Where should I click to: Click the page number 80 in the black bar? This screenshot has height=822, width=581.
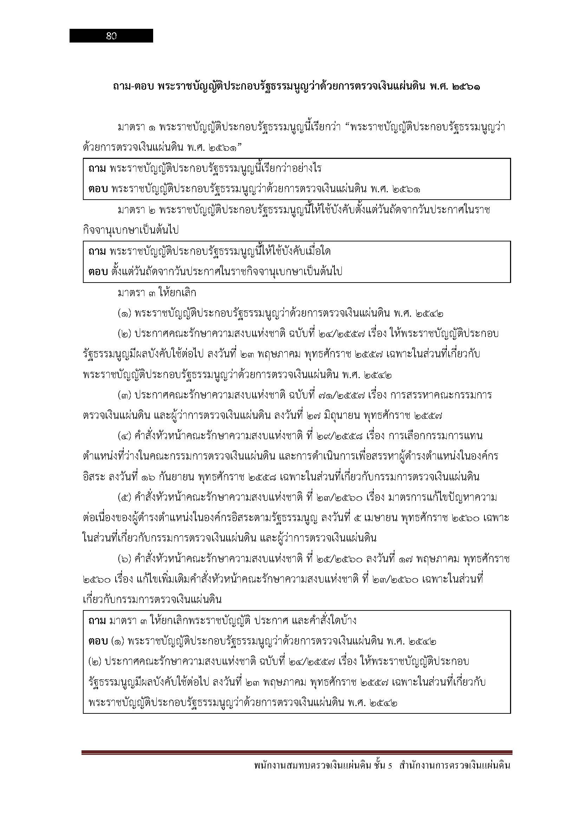tap(112, 36)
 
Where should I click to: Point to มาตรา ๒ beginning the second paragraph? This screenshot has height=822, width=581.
tap(136, 210)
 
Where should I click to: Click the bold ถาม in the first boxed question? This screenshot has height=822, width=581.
tap(97, 168)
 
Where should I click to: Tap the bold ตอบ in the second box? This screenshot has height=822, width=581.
tap(98, 272)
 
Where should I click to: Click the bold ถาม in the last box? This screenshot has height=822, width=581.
tap(97, 620)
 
